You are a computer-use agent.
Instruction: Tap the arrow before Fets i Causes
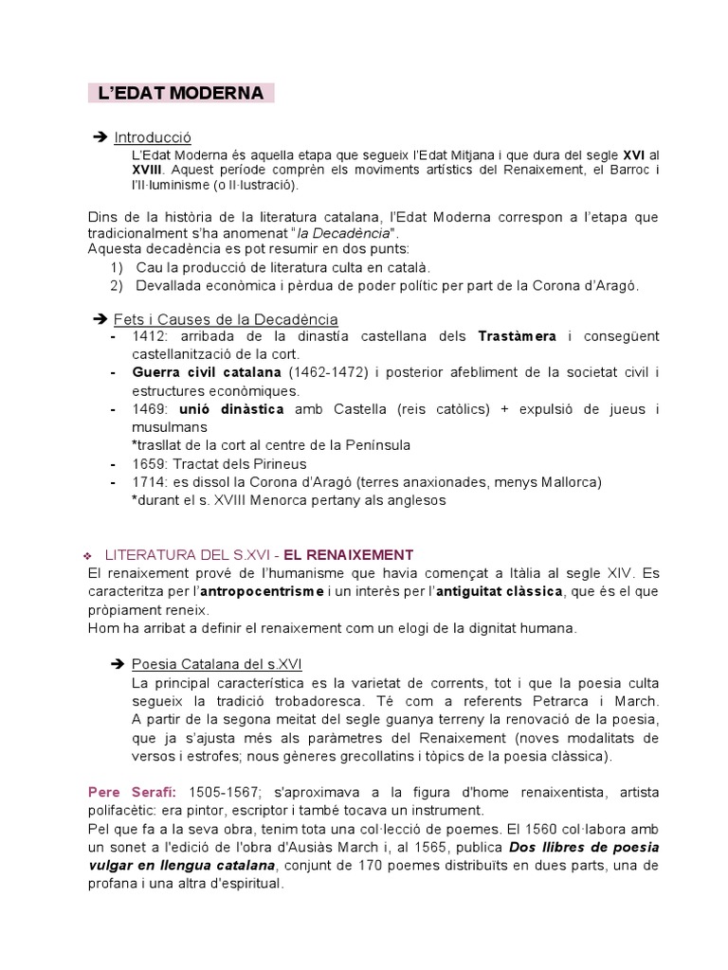click(x=100, y=319)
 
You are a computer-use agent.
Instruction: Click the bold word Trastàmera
click(x=517, y=336)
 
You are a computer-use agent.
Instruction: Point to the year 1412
click(x=150, y=336)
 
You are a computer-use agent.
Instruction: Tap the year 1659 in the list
click(x=150, y=463)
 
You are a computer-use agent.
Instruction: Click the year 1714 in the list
click(x=150, y=482)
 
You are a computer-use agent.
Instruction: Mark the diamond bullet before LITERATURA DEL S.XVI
click(x=86, y=555)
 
